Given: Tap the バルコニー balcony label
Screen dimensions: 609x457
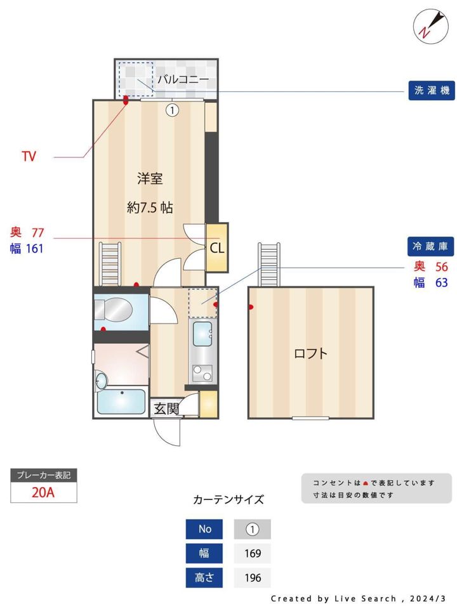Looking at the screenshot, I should [183, 79].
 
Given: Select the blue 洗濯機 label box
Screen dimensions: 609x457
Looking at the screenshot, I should [430, 91].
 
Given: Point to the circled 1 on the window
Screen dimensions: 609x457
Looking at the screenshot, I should [172, 110].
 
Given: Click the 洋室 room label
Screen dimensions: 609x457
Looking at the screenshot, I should [150, 179].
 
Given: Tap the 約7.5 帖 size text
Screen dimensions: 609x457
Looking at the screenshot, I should [150, 207].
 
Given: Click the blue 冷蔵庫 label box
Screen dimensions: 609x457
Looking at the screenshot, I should [430, 246].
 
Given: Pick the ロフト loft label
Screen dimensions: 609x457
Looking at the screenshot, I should [311, 353].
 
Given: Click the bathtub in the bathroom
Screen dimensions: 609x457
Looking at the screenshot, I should [122, 402].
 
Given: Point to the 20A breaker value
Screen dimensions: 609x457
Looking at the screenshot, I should [44, 492].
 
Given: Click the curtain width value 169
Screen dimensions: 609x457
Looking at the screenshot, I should [253, 553].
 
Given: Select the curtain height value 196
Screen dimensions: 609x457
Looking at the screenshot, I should [253, 578].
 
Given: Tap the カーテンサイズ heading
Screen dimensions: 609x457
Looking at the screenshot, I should [228, 499].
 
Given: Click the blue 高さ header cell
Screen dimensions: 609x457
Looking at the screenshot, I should [204, 578].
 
